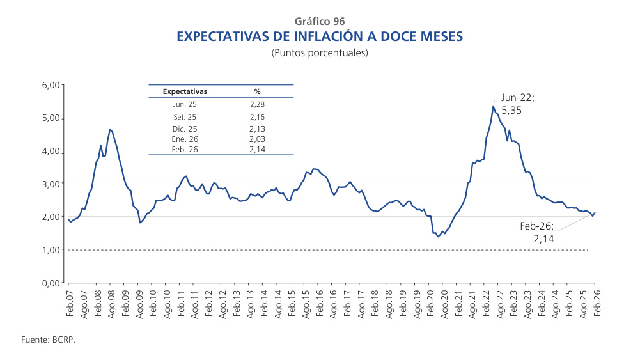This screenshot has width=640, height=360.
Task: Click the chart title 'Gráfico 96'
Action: coord(320,22)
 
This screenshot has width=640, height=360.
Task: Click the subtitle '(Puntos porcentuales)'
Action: coord(320,53)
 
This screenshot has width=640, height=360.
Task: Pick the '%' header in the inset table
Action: coord(258,91)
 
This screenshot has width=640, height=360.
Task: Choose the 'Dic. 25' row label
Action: coord(185,129)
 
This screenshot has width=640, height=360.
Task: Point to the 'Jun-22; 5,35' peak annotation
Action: coord(517,104)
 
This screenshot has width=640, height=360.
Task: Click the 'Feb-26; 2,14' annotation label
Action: coord(537,232)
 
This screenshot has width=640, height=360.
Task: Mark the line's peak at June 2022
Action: coord(493,106)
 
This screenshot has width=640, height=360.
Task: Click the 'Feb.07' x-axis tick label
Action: coord(70,304)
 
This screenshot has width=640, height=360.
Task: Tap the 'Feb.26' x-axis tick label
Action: coord(595,304)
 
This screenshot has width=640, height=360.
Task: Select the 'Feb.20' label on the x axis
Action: coord(430,304)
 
